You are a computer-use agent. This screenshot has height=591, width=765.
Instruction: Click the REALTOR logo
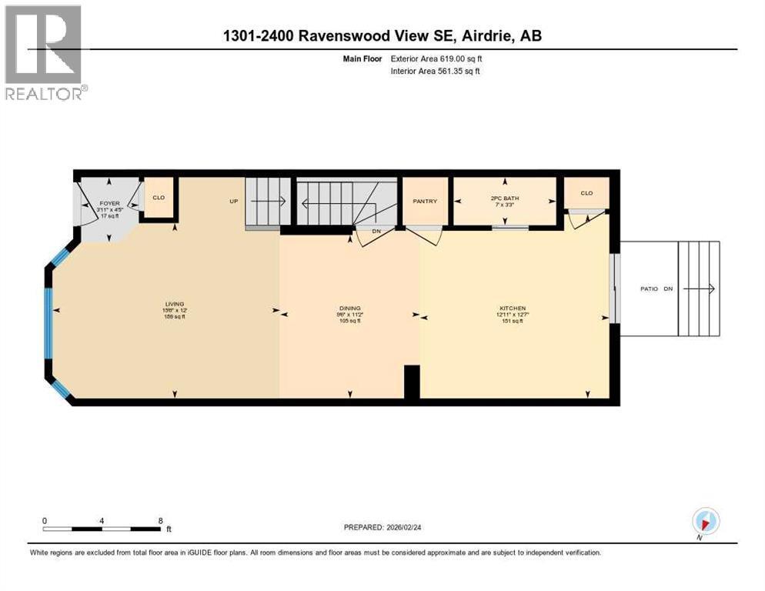point(45,52)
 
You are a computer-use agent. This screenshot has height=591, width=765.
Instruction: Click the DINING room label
point(350,308)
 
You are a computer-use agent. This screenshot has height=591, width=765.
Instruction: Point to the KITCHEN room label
point(512,308)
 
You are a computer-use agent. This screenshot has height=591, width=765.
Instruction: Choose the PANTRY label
point(425,202)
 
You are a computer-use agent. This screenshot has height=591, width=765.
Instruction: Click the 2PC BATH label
point(505,199)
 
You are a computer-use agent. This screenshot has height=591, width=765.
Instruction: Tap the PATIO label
point(650,289)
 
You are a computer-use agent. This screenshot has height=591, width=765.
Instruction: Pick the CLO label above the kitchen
point(586,193)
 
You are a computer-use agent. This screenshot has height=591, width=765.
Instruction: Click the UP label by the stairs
point(233,202)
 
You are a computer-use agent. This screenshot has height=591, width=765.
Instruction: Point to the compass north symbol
point(706,522)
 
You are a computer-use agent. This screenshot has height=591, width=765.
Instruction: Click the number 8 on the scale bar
point(160,520)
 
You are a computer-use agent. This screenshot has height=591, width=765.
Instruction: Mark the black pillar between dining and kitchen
point(412,382)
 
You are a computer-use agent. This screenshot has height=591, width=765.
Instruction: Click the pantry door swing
point(426,235)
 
